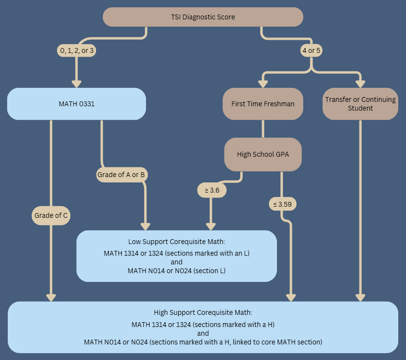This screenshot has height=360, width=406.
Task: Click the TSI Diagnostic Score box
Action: pos(203,17)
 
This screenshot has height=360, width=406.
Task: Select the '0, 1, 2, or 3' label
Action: pos(77,50)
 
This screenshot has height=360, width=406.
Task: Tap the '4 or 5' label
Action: pos(311,50)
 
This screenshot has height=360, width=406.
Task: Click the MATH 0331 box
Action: pos(77,103)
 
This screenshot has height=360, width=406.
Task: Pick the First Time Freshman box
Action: pos(263,103)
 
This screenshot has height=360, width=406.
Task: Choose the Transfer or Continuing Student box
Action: pos(360,103)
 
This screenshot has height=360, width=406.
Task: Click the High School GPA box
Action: pos(263,154)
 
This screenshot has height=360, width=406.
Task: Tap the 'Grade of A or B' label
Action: pos(121,175)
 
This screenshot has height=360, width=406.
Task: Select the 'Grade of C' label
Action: pos(51,215)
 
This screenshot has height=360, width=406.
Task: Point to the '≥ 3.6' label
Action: pos(212,190)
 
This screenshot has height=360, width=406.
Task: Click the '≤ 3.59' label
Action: pos(282,204)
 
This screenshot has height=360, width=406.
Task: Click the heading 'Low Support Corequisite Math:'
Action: pos(177,241)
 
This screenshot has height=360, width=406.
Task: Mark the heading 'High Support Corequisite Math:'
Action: pos(203,312)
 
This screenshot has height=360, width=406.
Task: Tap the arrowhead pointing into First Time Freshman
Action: pos(263,83)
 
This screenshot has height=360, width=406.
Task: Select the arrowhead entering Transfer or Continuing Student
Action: pos(360,83)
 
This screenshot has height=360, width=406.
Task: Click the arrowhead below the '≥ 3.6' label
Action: pos(211,226)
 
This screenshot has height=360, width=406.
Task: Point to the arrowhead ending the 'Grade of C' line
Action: pos(51,297)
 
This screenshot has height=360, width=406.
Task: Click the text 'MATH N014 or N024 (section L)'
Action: pos(177,271)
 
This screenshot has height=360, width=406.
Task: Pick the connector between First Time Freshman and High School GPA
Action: pos(263,129)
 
